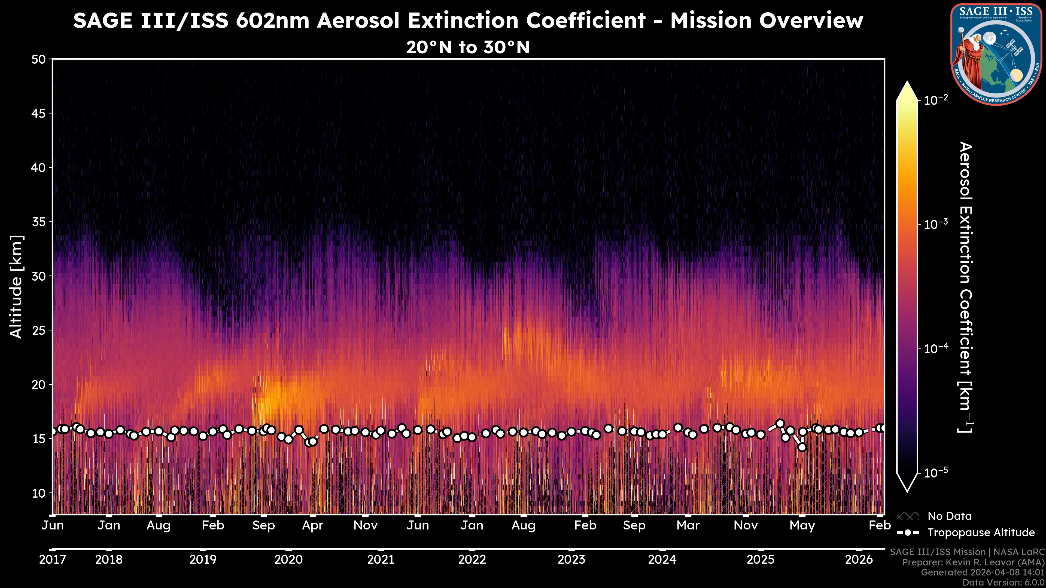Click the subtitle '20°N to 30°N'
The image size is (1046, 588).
(x=468, y=47)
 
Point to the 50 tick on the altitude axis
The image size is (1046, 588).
(x=39, y=59)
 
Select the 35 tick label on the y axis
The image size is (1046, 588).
(x=39, y=222)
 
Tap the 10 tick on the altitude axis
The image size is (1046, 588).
(x=39, y=493)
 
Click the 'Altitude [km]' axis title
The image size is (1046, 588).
(x=16, y=286)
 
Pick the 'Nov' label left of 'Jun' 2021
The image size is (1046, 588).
(x=366, y=525)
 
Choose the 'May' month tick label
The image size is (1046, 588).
(x=802, y=525)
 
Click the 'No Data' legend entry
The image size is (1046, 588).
(x=949, y=516)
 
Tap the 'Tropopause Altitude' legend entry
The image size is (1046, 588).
(x=981, y=532)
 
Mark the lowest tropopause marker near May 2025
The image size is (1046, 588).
(x=802, y=447)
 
